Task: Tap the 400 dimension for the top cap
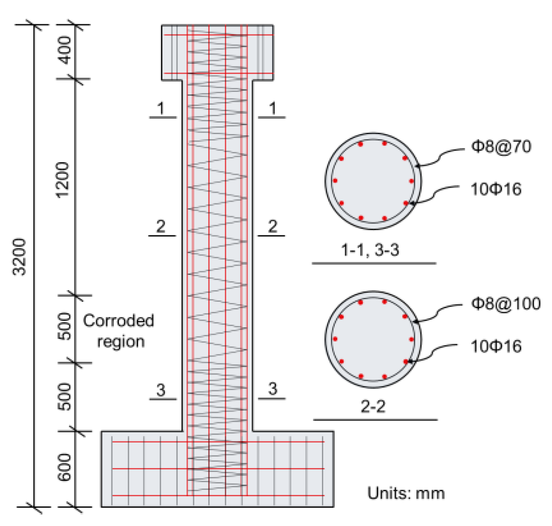[x=65, y=50]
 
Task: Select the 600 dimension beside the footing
[x=65, y=467]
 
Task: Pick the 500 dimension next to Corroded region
[x=65, y=326]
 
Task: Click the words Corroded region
[x=119, y=331]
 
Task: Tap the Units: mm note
[x=406, y=493]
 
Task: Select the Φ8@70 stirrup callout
[x=501, y=146]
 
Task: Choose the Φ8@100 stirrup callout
[x=506, y=303]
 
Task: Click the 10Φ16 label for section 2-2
[x=495, y=346]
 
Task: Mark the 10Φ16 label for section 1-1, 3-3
[x=495, y=189]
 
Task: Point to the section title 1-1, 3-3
[x=370, y=250]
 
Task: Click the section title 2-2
[x=373, y=407]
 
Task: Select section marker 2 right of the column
[x=273, y=226]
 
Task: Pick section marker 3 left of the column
[x=161, y=390]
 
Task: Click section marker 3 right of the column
[x=273, y=389]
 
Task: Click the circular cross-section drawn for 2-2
[x=373, y=339]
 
